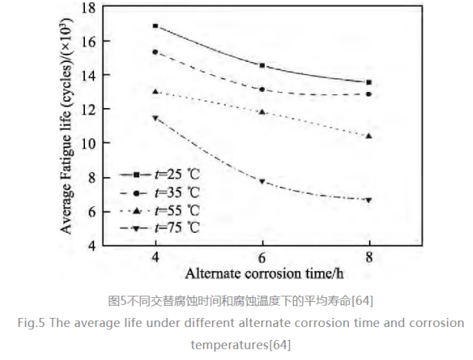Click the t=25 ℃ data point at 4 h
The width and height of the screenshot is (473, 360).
pos(155,26)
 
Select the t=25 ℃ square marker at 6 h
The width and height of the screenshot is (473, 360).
pos(263,65)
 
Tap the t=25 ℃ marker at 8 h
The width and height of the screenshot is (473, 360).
pos(369,82)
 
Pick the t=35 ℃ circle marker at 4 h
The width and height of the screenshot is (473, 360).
pos(155,52)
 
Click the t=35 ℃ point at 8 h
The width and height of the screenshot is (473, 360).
pos(369,94)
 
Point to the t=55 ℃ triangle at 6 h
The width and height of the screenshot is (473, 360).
pos(263,112)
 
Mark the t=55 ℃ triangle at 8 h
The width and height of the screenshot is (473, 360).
pos(369,136)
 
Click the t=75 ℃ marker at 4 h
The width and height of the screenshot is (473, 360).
pos(155,118)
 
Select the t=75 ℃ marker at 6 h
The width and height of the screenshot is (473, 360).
pos(263,182)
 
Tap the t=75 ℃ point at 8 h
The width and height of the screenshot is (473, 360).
pos(369,200)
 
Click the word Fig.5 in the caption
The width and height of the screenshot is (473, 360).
pos(32,322)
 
